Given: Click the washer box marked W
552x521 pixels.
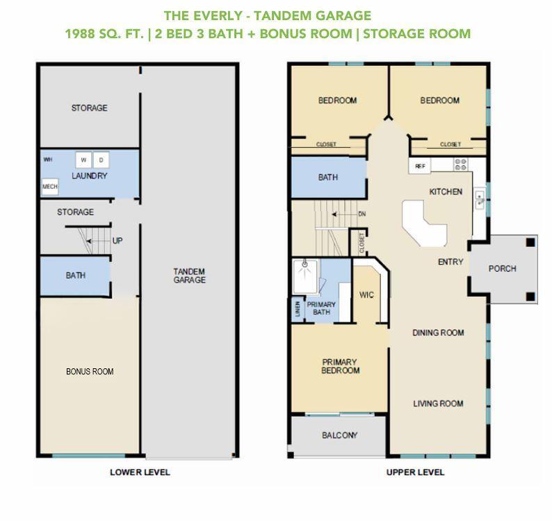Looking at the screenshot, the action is (83, 160).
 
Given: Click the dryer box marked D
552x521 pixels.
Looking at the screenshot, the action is (101, 160).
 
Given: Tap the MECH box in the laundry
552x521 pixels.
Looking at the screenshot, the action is (49, 186).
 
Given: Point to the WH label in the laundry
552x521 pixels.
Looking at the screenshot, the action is (48, 159).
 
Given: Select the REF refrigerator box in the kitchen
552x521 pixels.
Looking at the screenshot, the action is (420, 166).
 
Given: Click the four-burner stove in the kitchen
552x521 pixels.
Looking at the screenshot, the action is (460, 164).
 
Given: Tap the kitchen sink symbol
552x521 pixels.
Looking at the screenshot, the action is (480, 199).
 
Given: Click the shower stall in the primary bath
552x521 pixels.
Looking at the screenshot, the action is (305, 276).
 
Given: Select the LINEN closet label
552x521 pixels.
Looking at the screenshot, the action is (298, 308).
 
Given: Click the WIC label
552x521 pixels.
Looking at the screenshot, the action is (366, 295).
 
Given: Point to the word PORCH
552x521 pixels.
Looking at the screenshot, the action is (503, 268).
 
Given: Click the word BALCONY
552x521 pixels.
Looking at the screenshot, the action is (340, 435).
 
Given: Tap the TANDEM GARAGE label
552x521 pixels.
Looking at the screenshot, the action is (189, 276).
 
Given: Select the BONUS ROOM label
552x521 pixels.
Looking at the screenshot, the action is (90, 371).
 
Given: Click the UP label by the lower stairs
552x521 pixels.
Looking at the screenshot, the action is (117, 240).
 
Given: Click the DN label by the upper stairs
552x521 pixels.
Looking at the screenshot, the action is (362, 214).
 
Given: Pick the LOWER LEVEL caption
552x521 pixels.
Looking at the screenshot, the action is (140, 472).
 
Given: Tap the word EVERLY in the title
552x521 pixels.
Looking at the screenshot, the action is (218, 16).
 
